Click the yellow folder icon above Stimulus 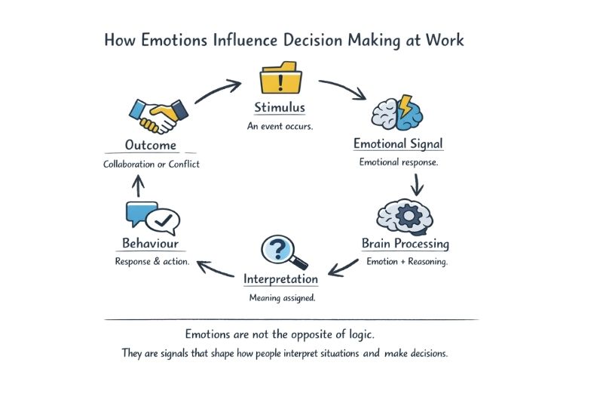281,79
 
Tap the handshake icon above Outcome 158,113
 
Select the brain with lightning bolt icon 397,112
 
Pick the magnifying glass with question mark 283,252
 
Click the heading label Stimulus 280,108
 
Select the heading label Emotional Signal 398,144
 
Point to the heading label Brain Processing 405,245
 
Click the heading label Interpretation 280,279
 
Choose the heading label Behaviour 150,244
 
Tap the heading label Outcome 151,146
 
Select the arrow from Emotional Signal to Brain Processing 415,183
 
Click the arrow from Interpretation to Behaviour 216,266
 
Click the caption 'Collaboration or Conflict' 151,164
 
